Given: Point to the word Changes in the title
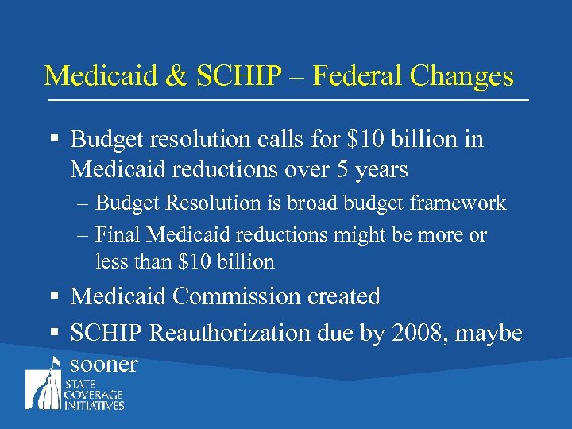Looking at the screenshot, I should tap(464, 76).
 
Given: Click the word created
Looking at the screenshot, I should tap(344, 296).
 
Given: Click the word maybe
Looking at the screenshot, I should tap(492, 333).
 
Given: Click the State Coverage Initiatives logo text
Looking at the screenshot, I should tap(99, 395).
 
